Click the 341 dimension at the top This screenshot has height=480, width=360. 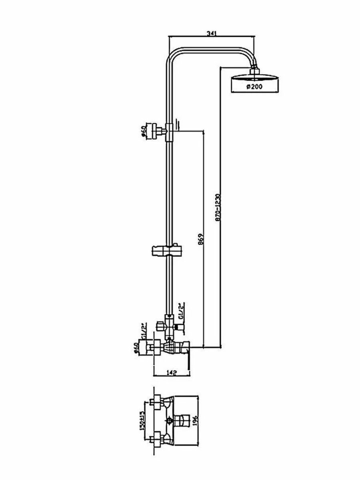tap(212, 34)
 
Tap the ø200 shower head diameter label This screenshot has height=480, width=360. tap(254, 86)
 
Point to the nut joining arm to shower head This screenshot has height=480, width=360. tap(254, 70)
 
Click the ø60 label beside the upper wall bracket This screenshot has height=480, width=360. tap(144, 131)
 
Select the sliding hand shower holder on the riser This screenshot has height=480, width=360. tap(166, 251)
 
